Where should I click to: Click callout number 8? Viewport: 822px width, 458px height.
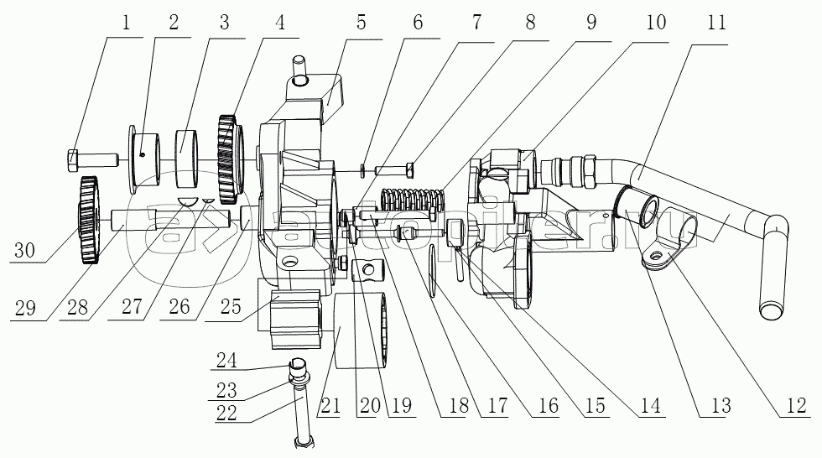[x=531, y=23]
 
